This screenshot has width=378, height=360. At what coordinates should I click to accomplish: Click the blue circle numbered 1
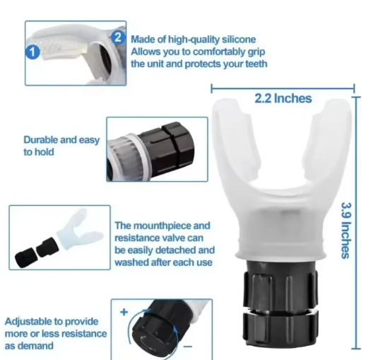[x=32, y=51]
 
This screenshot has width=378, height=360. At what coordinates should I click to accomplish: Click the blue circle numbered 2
[x=118, y=36]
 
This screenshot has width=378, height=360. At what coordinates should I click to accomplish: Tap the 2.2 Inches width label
[x=283, y=98]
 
